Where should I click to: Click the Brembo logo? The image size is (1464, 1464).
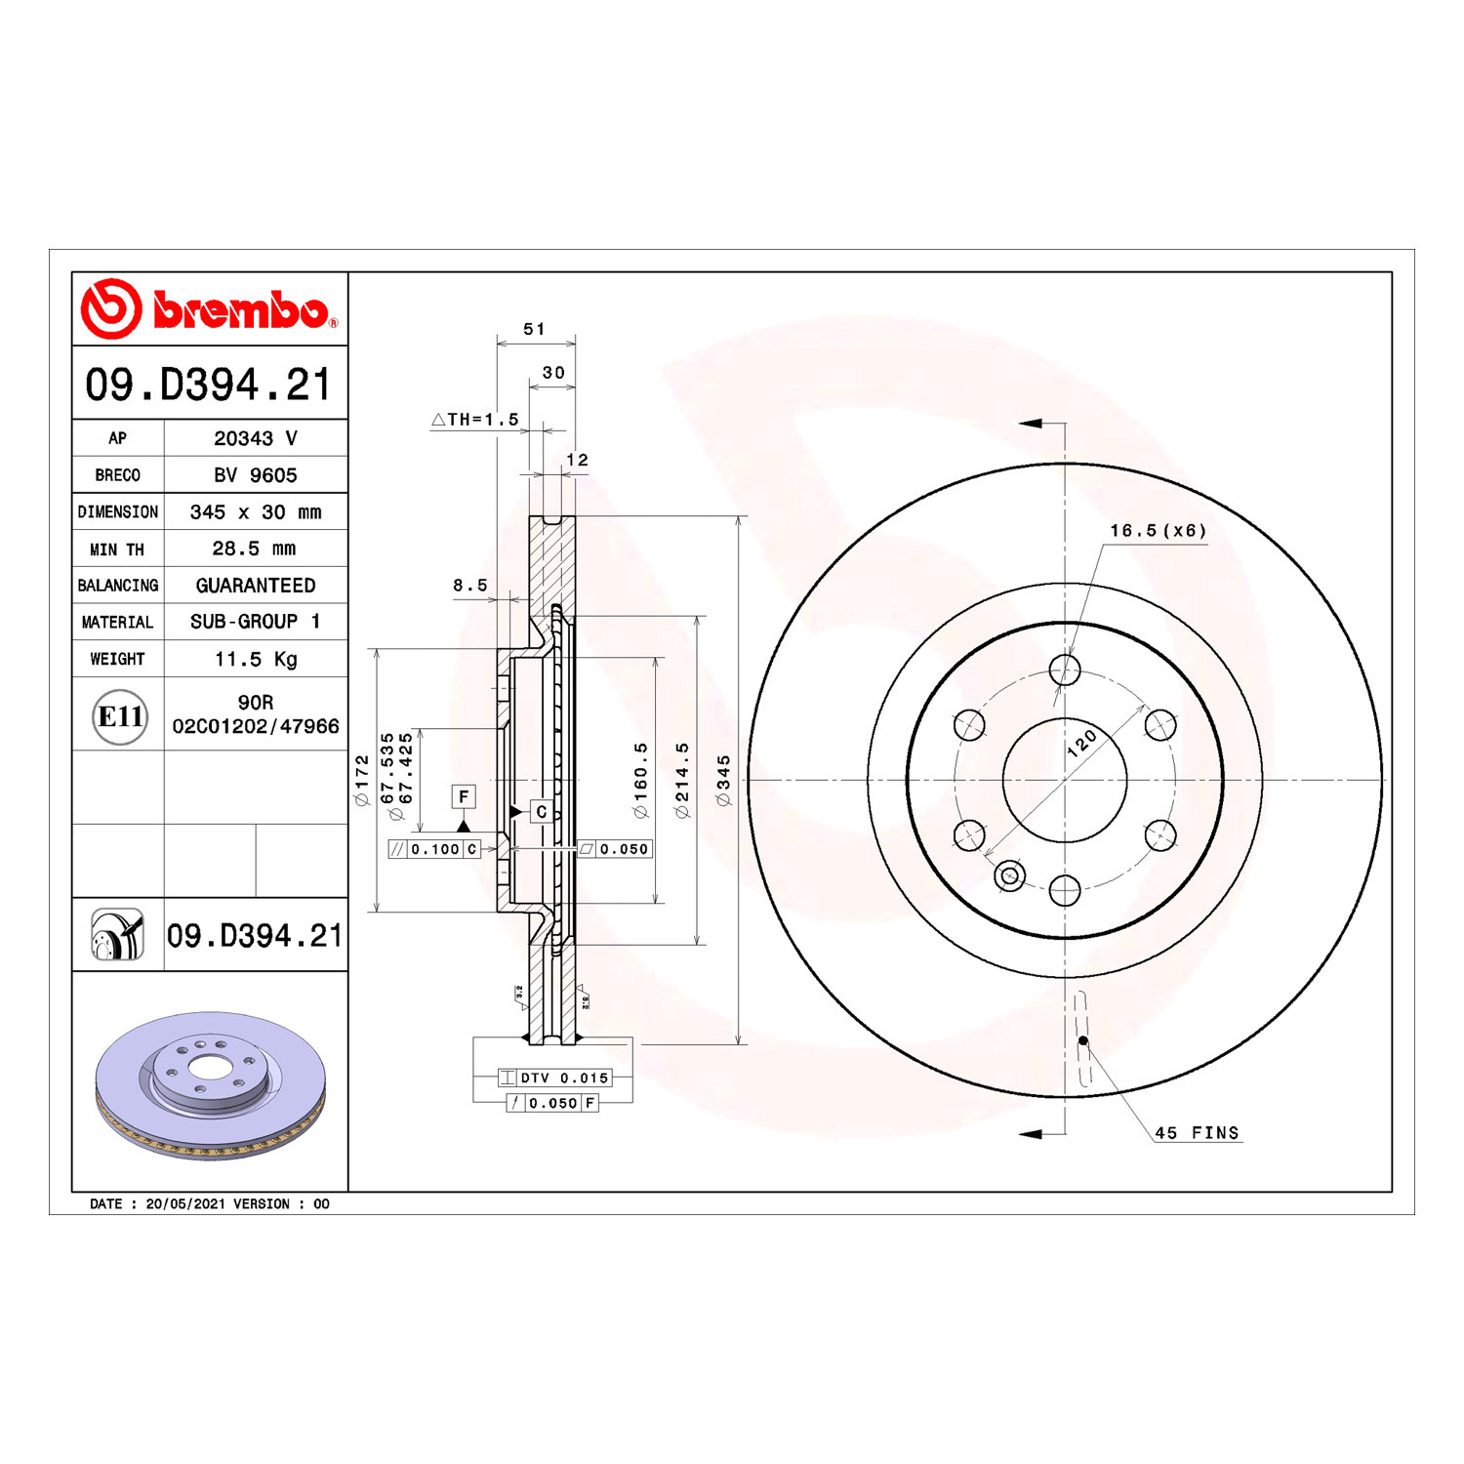point(209,308)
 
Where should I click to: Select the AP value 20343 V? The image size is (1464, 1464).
point(256,438)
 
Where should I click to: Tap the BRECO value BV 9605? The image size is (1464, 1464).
point(256,475)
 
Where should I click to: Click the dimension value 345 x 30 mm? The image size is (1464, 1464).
point(256,512)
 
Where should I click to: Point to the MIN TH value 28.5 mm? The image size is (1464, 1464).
point(254,549)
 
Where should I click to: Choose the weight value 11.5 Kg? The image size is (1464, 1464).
point(256,659)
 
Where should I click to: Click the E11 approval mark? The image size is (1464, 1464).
point(120,716)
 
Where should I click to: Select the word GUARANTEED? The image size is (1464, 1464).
point(256,586)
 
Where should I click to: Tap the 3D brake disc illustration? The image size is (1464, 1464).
point(210,1085)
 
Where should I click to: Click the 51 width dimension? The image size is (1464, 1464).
point(534,329)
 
